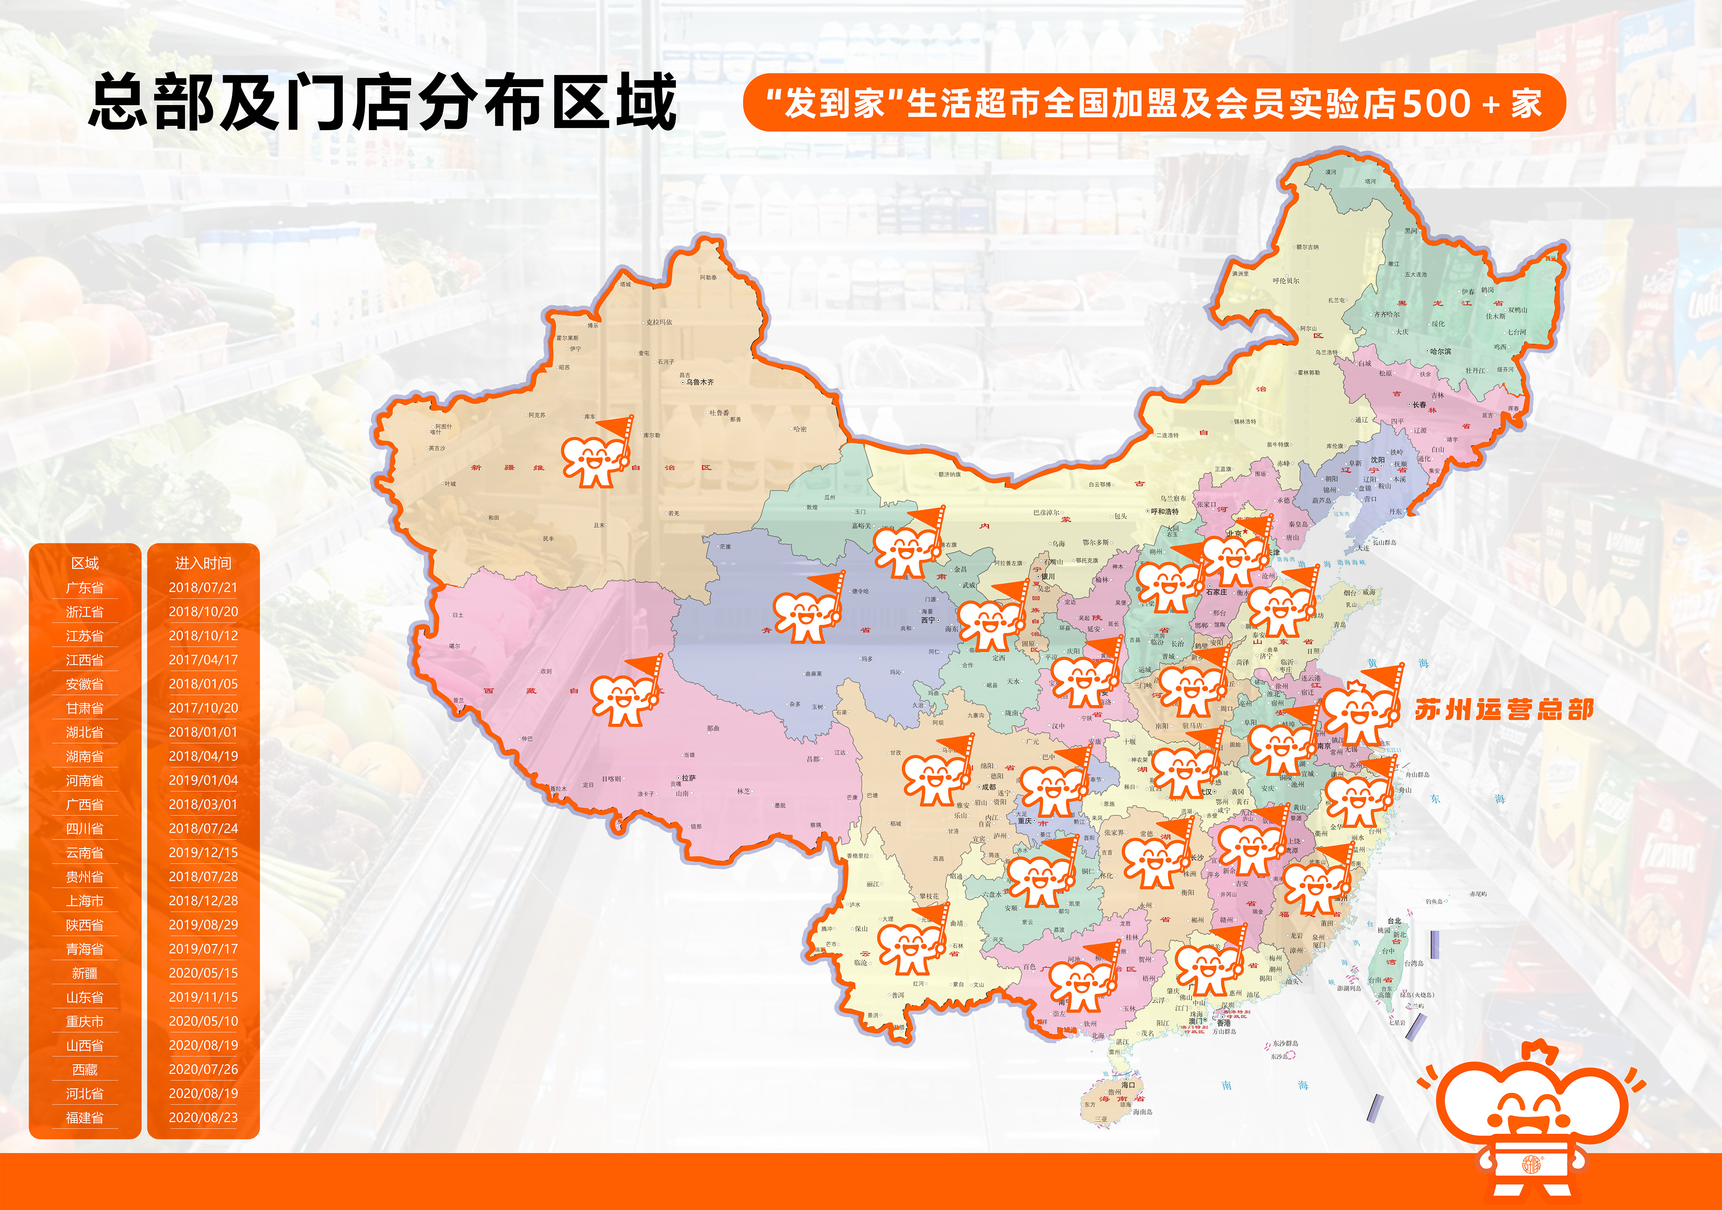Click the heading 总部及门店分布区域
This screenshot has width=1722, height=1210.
[x=382, y=102]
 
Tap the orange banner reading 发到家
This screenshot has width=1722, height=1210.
[x=1153, y=103]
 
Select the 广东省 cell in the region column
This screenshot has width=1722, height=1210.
[x=85, y=588]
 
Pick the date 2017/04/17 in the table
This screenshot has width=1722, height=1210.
[x=203, y=660]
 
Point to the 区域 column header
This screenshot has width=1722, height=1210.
[x=85, y=563]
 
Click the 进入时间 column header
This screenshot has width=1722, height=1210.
[x=203, y=563]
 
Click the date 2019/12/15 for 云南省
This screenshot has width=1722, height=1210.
[x=203, y=852]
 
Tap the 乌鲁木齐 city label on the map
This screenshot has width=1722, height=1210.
[x=699, y=383]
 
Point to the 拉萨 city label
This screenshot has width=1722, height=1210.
[x=688, y=778]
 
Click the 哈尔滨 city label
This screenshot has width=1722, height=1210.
[x=1440, y=351]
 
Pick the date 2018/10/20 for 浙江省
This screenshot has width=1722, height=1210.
[x=203, y=612]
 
